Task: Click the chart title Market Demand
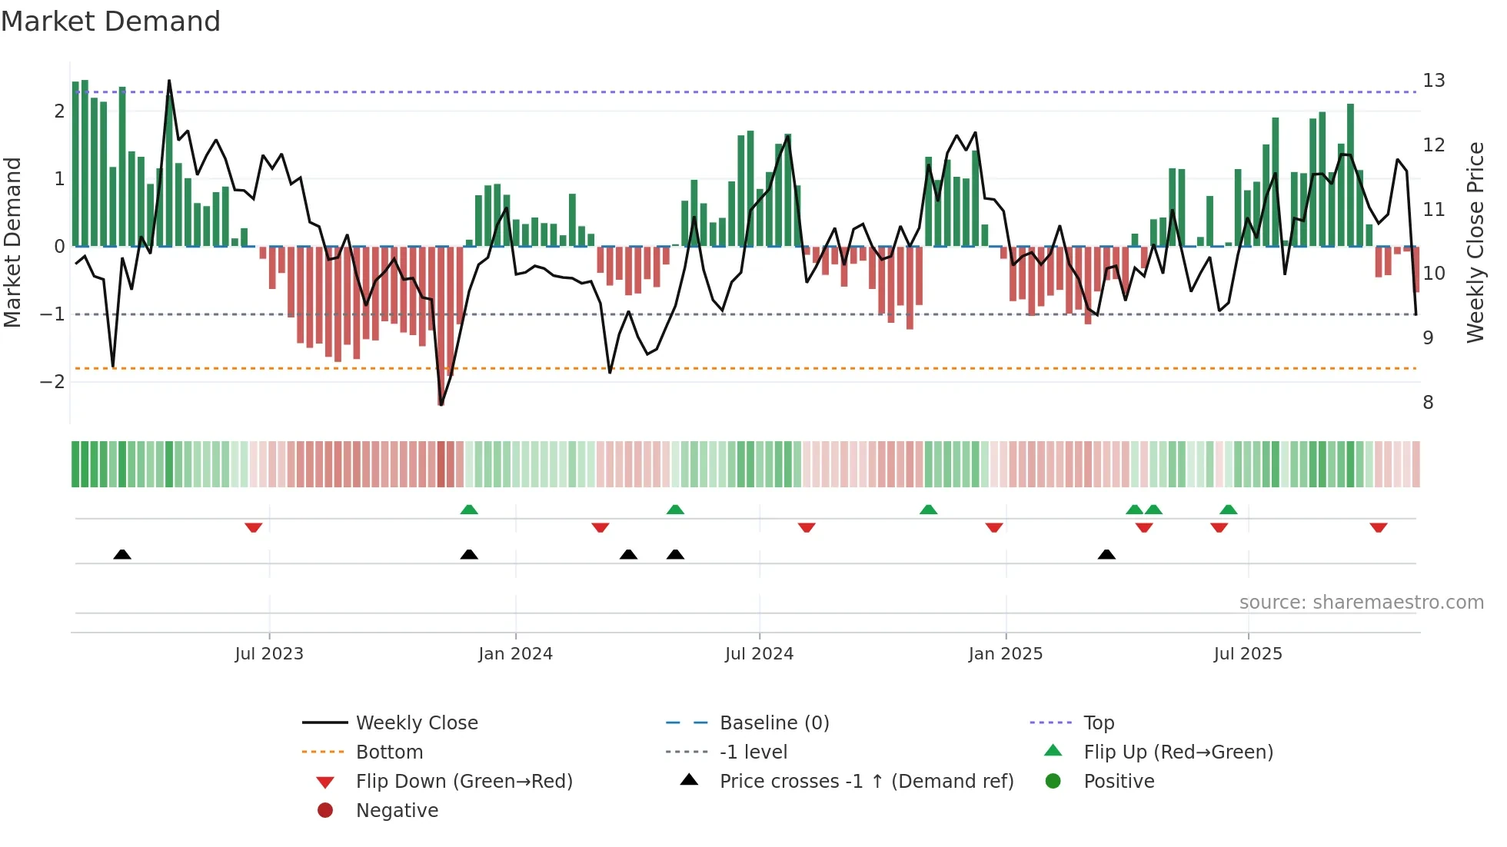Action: [111, 22]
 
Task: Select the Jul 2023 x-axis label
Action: [269, 654]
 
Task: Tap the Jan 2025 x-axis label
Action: [1005, 654]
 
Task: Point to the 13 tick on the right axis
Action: [1433, 81]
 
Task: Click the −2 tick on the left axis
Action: [52, 382]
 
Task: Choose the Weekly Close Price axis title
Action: [1475, 242]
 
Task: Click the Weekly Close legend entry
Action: [416, 723]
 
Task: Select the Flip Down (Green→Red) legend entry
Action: [464, 782]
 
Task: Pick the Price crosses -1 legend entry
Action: [866, 782]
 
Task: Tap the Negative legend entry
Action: [397, 811]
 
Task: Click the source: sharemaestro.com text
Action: [1361, 603]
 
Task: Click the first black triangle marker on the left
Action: [122, 554]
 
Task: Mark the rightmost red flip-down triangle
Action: [1378, 527]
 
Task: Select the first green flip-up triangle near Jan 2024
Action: [469, 509]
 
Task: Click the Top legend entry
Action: [1098, 723]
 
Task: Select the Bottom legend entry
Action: [389, 752]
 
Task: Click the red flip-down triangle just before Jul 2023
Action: [254, 527]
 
